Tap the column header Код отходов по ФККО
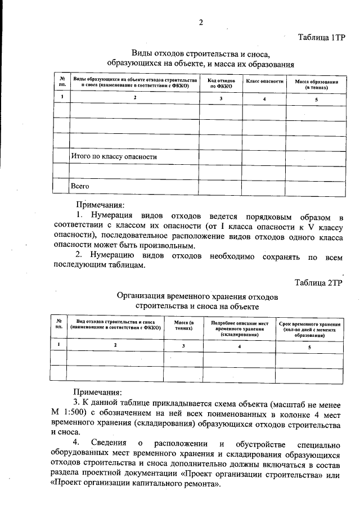coord(221,84)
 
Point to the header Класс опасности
coord(264,82)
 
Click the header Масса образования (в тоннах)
coord(316,85)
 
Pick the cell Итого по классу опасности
coord(113,156)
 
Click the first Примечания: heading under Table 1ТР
coord(100,206)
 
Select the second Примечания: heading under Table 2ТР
coord(97,393)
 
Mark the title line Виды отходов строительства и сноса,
coord(201,55)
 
